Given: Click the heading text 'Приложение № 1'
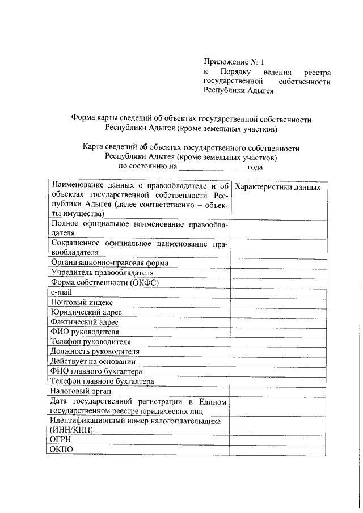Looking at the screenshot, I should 234,62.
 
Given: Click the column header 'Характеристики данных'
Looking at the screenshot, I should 277,188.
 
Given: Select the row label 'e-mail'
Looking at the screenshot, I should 61,292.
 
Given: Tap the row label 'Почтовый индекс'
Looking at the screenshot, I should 81,302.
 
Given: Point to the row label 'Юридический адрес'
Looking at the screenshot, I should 86,312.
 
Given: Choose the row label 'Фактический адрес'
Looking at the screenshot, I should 85,322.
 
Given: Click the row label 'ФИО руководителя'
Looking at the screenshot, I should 85,332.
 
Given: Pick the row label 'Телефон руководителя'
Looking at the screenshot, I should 90,342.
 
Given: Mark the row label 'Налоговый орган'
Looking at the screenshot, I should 80,391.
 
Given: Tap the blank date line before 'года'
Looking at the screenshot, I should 212,167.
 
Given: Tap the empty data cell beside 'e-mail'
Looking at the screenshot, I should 278,292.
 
